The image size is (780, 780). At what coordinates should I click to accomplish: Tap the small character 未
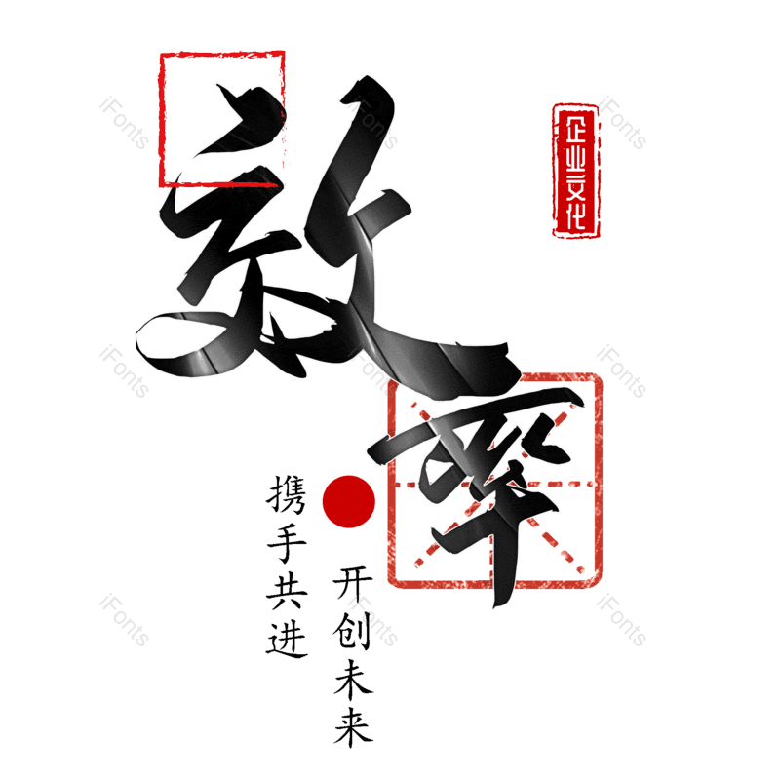click(353, 681)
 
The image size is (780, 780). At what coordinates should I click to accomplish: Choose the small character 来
click(353, 727)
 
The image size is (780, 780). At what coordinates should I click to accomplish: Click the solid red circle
click(348, 500)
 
